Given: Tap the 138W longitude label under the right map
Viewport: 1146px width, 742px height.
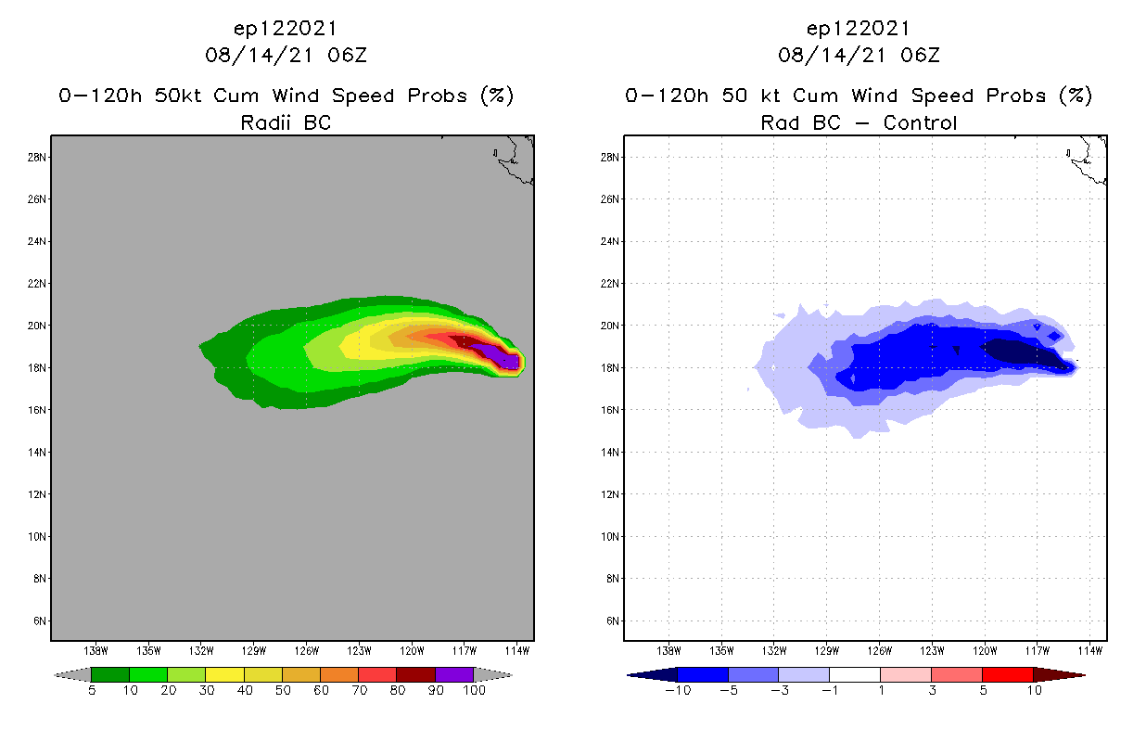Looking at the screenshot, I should [x=668, y=650].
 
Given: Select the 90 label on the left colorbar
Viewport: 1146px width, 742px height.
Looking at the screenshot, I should [x=435, y=690].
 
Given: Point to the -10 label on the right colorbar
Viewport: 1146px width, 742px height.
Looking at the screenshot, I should [x=677, y=690].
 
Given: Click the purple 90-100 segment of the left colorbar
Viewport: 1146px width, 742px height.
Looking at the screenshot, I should [x=454, y=674].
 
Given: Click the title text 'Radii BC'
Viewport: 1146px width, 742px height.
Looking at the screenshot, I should [x=286, y=122].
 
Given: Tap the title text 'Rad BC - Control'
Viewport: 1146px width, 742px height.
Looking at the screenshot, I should [x=859, y=122].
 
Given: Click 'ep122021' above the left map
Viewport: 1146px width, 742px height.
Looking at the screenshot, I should [x=286, y=28].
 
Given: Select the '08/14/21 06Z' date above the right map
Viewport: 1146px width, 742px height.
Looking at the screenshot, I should [x=859, y=56].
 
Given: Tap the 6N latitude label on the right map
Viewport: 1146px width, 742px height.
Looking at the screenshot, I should [x=613, y=620].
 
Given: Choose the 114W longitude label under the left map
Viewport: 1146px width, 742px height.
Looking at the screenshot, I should [x=517, y=650].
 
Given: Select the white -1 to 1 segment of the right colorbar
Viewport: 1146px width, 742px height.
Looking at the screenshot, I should [x=854, y=674].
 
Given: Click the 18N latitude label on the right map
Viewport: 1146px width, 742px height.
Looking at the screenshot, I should [x=611, y=368].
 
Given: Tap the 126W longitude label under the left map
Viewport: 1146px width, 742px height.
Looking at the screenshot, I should [x=307, y=650].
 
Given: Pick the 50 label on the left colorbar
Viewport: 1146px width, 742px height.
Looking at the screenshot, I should [x=282, y=690].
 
